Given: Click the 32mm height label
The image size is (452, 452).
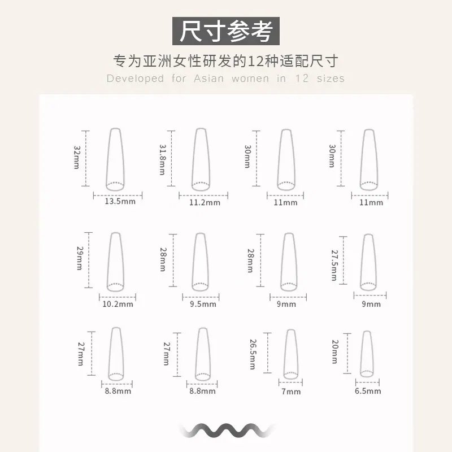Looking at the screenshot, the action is click(x=77, y=157).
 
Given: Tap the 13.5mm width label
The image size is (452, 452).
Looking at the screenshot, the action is click(x=120, y=201).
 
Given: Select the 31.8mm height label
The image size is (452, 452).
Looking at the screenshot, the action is click(x=163, y=160).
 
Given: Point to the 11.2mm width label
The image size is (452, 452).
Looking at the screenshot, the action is click(x=205, y=202).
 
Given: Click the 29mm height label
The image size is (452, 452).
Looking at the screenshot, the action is click(x=80, y=258).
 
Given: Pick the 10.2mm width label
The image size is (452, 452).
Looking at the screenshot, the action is click(x=118, y=304).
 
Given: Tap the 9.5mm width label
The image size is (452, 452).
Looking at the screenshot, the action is click(x=203, y=304).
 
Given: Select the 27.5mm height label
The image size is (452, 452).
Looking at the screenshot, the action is click(x=334, y=265).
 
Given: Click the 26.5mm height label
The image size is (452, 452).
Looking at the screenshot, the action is click(x=253, y=354).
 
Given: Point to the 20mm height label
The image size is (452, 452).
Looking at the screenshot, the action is click(x=335, y=351).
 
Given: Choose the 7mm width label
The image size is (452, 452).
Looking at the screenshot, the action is click(x=291, y=392).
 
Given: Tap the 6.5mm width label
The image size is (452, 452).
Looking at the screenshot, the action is click(x=368, y=391).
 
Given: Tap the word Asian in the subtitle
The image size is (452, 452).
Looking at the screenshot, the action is click(x=208, y=79).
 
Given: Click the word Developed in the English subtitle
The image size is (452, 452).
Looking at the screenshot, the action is click(x=135, y=79).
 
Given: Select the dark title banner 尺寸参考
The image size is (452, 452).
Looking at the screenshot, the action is click(x=225, y=31).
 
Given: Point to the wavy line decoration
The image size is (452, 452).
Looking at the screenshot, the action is click(x=227, y=431).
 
